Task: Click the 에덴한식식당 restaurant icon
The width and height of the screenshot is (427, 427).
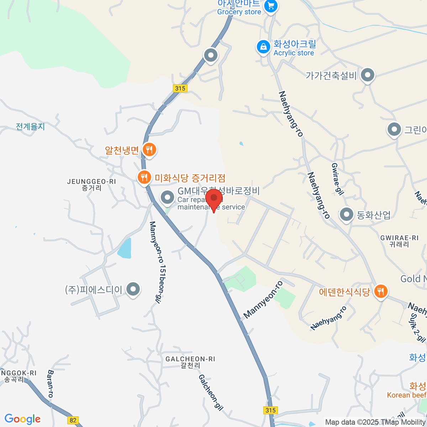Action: point(381,291)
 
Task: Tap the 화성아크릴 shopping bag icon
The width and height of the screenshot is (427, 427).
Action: point(263,47)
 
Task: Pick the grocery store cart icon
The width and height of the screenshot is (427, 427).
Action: point(271,6)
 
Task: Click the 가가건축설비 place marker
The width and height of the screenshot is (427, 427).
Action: point(368,75)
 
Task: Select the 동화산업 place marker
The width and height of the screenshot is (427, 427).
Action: point(346,215)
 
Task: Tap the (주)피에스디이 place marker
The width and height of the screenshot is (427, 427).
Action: point(133,289)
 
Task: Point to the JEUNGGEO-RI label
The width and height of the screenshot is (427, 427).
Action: point(91,185)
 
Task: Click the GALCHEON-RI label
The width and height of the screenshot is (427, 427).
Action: point(190,362)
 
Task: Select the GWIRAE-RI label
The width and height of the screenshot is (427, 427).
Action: point(399,241)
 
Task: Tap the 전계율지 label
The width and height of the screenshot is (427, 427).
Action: point(30,126)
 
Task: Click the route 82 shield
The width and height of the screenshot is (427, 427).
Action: point(73,420)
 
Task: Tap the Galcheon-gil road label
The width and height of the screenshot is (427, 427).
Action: point(211,392)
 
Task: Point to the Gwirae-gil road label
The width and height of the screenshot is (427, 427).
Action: point(337,179)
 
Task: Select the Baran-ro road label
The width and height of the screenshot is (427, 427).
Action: point(50,384)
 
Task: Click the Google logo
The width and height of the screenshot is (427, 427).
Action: point(23,419)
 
